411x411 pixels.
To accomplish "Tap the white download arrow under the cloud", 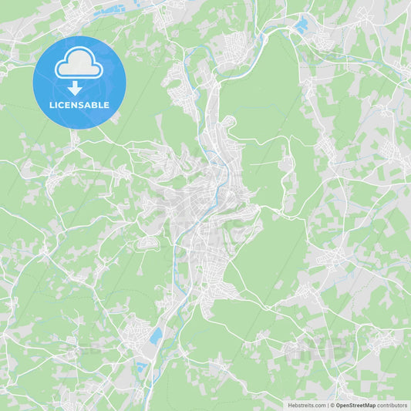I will click(76, 88).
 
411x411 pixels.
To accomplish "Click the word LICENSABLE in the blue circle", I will click(79, 105).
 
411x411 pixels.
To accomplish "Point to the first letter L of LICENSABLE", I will click(52, 105).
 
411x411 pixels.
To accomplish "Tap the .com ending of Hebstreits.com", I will click(318, 405).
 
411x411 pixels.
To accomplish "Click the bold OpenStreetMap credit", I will click(355, 405).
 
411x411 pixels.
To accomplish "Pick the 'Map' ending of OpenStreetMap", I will click(370, 405).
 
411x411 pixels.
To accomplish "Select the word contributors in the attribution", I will click(392, 405).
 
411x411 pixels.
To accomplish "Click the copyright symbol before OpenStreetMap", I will click(332, 405).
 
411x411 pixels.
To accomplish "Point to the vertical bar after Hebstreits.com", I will click(327, 405).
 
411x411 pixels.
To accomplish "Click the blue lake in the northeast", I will click(301, 25).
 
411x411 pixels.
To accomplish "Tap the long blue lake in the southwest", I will click(157, 336).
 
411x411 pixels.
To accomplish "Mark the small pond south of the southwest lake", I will click(140, 366).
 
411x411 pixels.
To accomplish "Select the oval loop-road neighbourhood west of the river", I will click(147, 243).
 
